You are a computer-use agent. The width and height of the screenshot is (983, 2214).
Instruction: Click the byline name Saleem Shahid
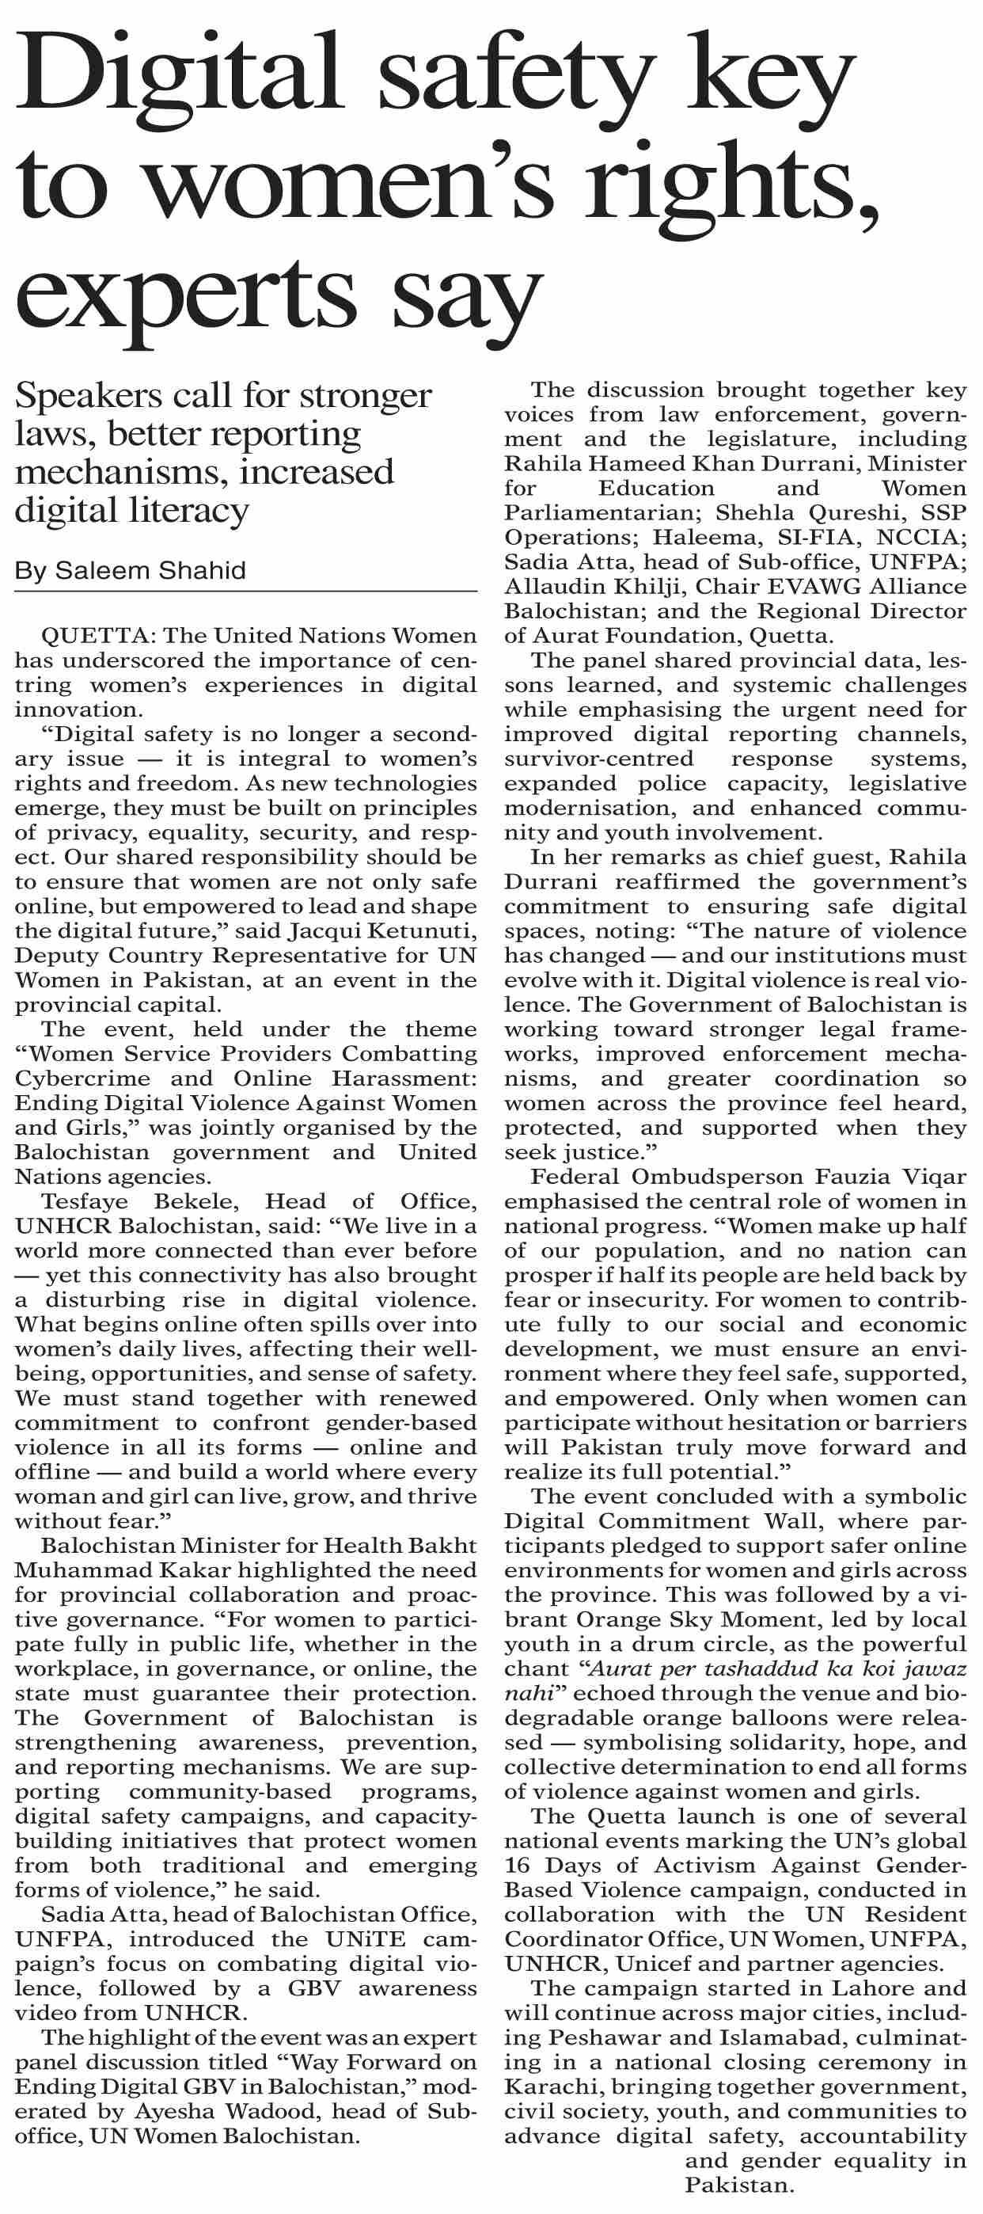(x=150, y=571)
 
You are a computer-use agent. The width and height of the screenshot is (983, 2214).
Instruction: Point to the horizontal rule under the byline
(x=245, y=592)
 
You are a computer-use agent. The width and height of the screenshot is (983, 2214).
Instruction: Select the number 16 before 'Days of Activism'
(x=518, y=1866)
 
